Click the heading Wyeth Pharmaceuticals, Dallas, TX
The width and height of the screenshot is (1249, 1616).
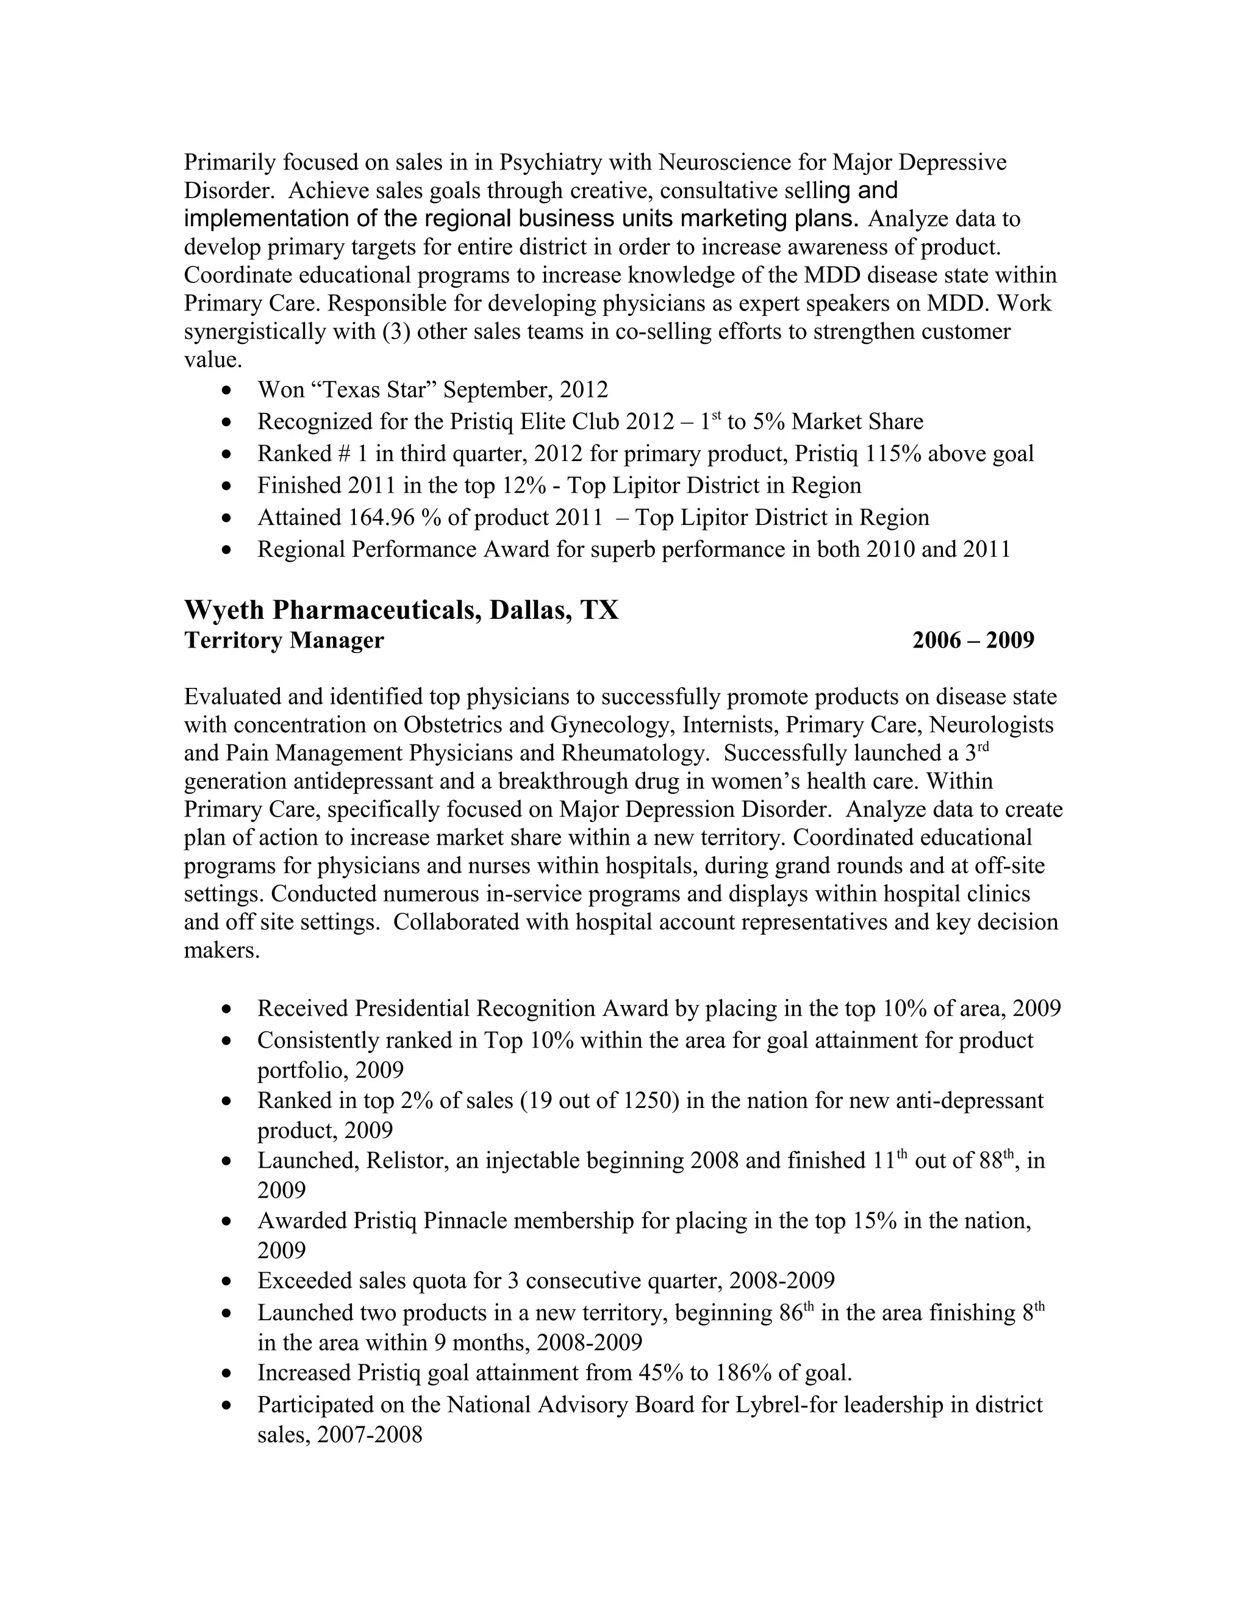[x=401, y=610]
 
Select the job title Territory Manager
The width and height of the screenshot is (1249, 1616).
[x=284, y=640]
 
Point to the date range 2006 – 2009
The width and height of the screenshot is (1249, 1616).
[x=973, y=640]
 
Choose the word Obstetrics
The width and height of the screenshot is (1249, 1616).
[x=451, y=725]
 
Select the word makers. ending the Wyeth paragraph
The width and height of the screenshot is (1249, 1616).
[x=222, y=951]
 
